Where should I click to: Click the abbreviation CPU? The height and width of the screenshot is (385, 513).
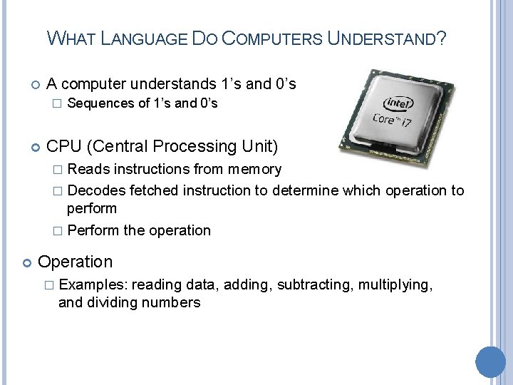tap(64, 147)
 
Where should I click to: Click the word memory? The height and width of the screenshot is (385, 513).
tap(254, 170)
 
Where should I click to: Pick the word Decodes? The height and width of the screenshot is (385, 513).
tap(96, 190)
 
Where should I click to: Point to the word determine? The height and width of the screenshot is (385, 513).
tap(306, 190)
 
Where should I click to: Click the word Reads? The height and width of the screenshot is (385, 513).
tap(86, 170)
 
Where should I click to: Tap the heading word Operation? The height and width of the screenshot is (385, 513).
tap(76, 262)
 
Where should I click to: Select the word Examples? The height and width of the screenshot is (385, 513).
tap(93, 284)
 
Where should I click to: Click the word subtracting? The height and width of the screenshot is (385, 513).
tap(313, 284)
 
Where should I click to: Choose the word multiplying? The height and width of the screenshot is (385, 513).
tap(395, 284)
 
